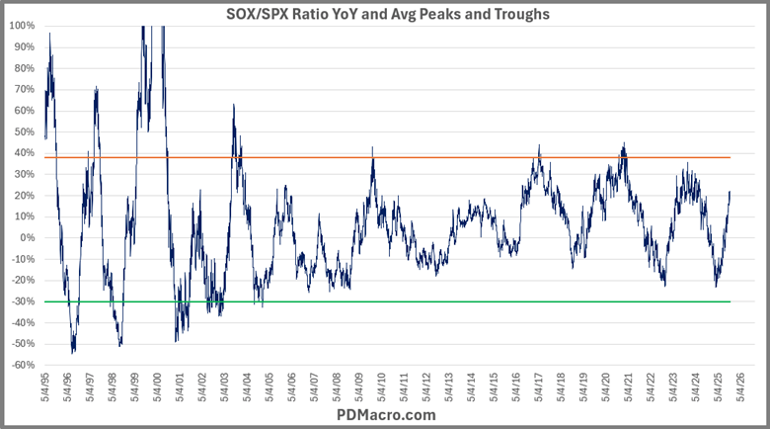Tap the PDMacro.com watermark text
coord(385,415)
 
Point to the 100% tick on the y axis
coord(22,25)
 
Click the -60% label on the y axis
coord(22,365)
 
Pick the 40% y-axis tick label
coord(24,152)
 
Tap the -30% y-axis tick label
coord(22,301)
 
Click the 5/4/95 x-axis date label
coord(45,386)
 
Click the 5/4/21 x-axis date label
coord(626,386)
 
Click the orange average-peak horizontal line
coord(395,157)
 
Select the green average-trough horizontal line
coord(395,301)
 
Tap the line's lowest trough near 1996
coord(73,352)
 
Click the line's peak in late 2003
coord(234,105)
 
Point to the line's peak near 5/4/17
coord(539,146)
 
